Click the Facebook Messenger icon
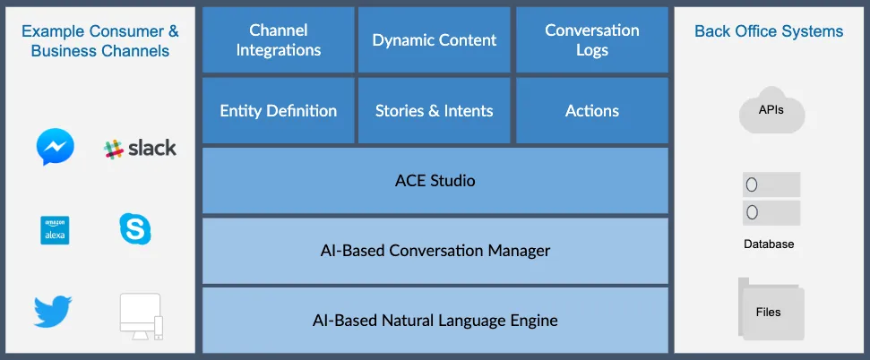pos(55,147)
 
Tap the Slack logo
pos(140,149)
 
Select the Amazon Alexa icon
pos(55,230)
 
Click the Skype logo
pos(135,228)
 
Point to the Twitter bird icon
pos(53,312)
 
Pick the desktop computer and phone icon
pos(142,316)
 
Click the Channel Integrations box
pos(278,39)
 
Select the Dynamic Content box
pos(434,39)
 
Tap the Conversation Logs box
pos(592,39)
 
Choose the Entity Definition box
pos(278,110)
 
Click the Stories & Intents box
pos(434,110)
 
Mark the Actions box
pos(592,110)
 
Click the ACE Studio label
pos(435,181)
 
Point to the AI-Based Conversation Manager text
pos(435,251)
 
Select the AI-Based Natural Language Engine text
pos(435,321)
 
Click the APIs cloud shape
pos(771,110)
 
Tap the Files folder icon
pos(771,309)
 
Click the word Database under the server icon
pos(769,244)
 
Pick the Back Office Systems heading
pos(769,31)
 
